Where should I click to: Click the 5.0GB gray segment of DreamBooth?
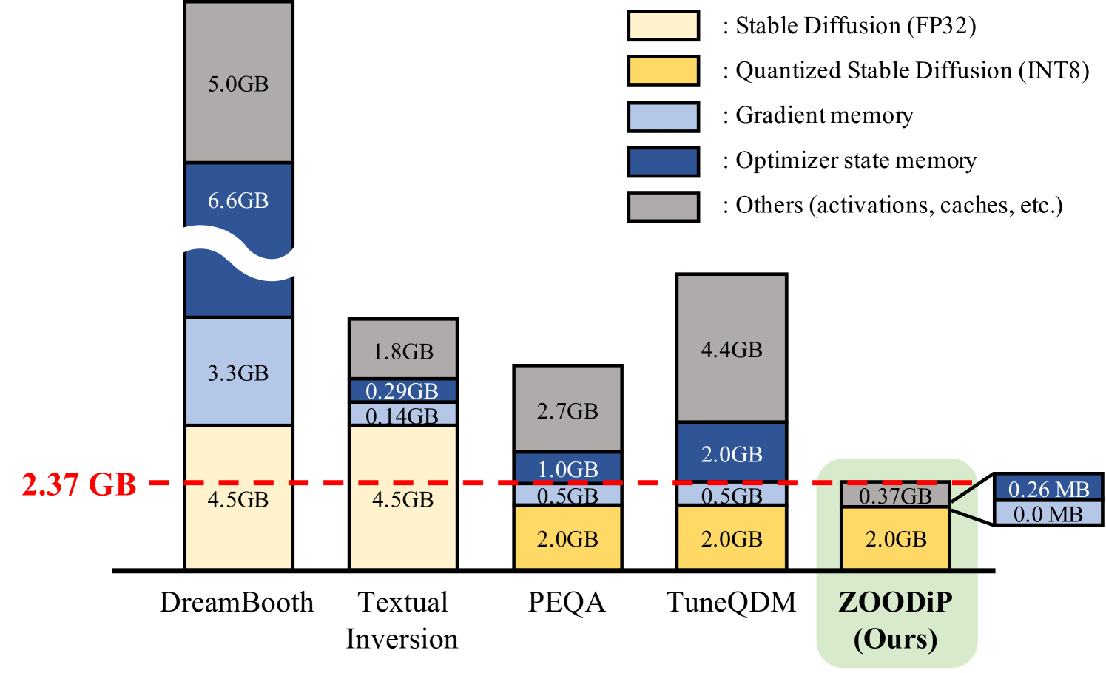[238, 83]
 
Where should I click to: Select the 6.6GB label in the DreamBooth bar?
[238, 200]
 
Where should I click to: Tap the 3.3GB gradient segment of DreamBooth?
[238, 372]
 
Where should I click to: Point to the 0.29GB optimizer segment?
[403, 390]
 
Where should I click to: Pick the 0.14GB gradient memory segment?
[403, 415]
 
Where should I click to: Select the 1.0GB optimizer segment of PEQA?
[567, 468]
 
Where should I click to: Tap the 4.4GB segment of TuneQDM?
[732, 349]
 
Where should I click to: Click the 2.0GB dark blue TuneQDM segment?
[732, 453]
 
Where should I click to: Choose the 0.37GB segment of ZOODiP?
[895, 496]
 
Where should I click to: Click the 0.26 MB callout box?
[1048, 488]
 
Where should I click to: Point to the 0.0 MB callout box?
[1048, 513]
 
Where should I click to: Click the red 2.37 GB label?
[79, 484]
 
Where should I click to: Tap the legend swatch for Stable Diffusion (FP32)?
[663, 26]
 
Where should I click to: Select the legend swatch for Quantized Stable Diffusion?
[663, 71]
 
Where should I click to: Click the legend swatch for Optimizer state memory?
[663, 161]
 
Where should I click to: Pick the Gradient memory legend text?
[824, 115]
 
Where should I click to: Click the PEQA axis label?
[567, 602]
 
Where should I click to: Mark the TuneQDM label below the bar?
[732, 602]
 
